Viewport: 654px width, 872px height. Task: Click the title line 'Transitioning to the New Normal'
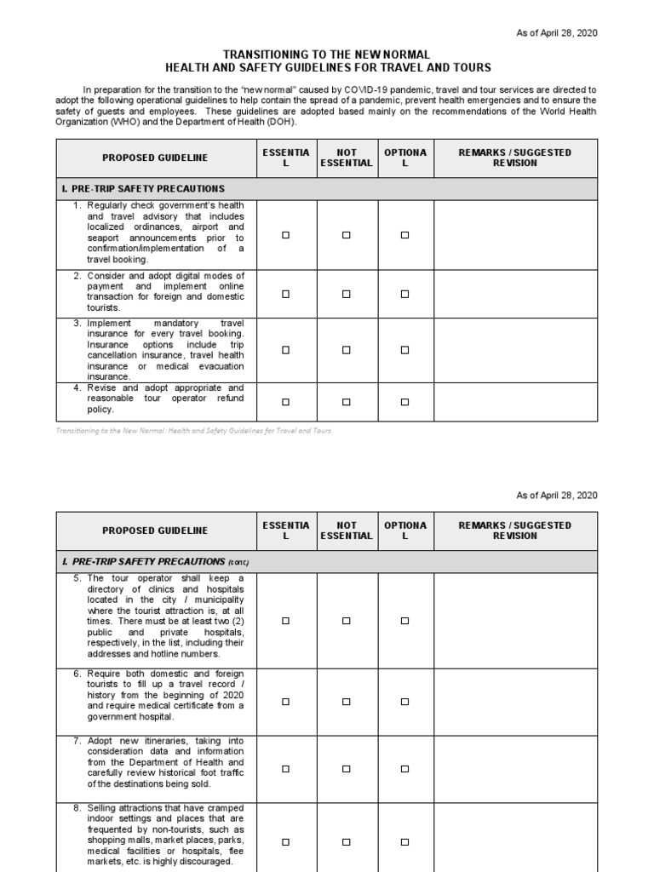click(327, 54)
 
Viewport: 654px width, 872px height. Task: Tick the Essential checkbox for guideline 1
click(286, 235)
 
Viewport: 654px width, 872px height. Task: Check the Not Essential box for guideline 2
click(346, 294)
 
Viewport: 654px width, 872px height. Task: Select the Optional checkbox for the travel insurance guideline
click(405, 350)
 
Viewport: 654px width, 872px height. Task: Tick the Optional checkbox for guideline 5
click(405, 622)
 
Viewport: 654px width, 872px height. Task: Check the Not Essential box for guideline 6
click(346, 702)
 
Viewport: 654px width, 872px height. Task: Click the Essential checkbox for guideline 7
click(286, 768)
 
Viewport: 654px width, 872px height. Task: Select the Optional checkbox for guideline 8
click(405, 841)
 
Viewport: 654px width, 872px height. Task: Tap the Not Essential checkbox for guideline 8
click(346, 841)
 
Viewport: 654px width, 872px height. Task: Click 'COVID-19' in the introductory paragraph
click(366, 89)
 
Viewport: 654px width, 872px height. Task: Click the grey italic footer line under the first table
click(193, 431)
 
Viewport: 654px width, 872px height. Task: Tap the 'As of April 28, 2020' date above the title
click(557, 32)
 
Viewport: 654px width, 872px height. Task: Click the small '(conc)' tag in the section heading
click(239, 563)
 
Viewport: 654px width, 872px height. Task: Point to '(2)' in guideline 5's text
click(238, 622)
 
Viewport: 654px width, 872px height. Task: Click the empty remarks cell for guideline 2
click(516, 294)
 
